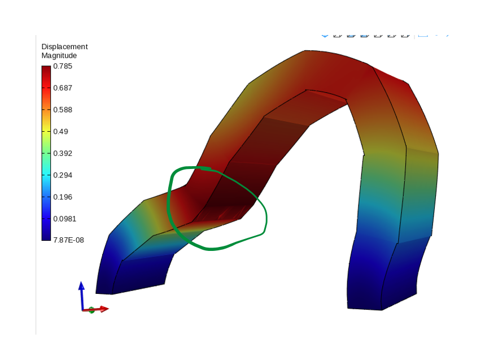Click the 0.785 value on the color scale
click(x=63, y=66)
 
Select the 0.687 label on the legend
click(x=63, y=88)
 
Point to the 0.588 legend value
click(x=63, y=110)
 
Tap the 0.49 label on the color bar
click(x=60, y=132)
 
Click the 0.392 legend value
click(x=63, y=154)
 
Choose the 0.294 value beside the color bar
click(x=63, y=175)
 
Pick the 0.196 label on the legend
click(x=63, y=197)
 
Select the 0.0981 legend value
click(x=64, y=219)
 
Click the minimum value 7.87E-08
click(x=69, y=240)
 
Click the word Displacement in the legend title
click(x=64, y=46)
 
